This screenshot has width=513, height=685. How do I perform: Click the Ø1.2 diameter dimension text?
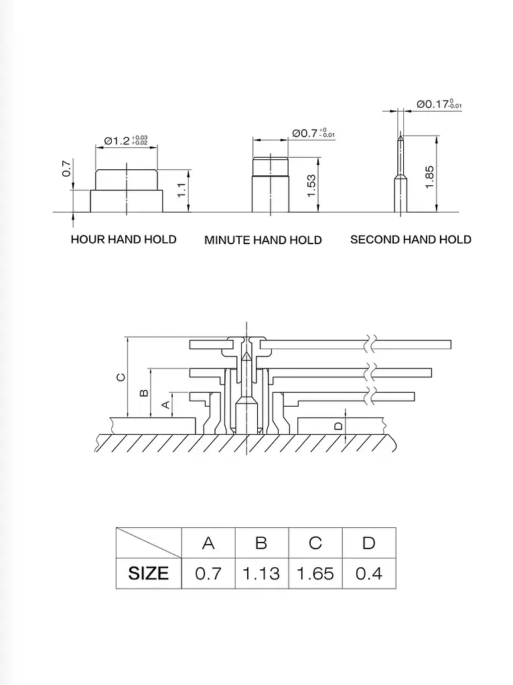pyautogui.click(x=126, y=140)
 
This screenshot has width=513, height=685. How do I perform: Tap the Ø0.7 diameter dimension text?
pyautogui.click(x=313, y=133)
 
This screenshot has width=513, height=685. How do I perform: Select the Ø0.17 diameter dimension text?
pyautogui.click(x=439, y=104)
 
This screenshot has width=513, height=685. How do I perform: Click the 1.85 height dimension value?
pyautogui.click(x=429, y=177)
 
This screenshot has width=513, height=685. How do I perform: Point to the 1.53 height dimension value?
pyautogui.click(x=311, y=186)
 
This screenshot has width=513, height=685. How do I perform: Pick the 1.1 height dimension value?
pyautogui.click(x=182, y=190)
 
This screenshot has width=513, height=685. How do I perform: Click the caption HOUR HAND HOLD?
pyautogui.click(x=124, y=239)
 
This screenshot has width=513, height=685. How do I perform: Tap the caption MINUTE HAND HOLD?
pyautogui.click(x=263, y=240)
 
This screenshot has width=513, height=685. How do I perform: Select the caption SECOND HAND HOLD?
pyautogui.click(x=411, y=239)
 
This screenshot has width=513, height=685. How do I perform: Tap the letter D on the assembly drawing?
pyautogui.click(x=338, y=426)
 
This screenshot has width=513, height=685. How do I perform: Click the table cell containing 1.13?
pyautogui.click(x=262, y=573)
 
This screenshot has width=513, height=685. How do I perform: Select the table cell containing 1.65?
pyautogui.click(x=315, y=573)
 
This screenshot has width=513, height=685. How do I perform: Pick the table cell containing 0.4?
pyautogui.click(x=369, y=573)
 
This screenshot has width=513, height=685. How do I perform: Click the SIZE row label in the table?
pyautogui.click(x=148, y=573)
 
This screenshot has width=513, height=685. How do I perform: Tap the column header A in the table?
pyautogui.click(x=208, y=543)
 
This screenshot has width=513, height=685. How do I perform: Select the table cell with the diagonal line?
pyautogui.click(x=149, y=543)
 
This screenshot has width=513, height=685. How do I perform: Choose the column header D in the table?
pyautogui.click(x=369, y=543)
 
